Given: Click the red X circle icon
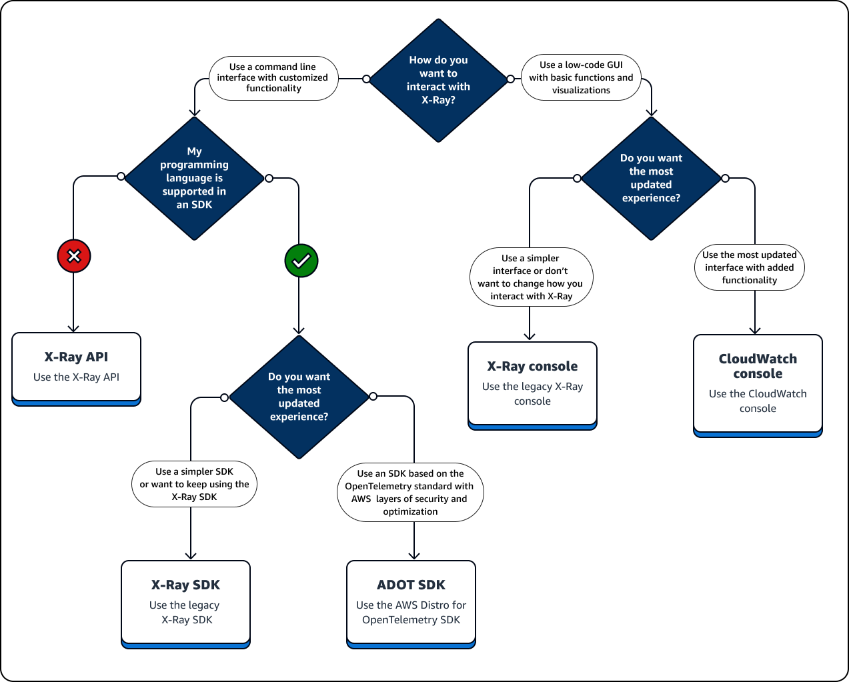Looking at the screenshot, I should pos(74,256).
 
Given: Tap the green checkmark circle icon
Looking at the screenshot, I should pos(301,261).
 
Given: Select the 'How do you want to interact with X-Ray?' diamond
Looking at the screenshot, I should pos(438,80).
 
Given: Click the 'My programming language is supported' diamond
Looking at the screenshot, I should pos(194,178).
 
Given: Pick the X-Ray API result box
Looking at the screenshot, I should pos(76,367).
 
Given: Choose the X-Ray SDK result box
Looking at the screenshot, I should pos(185,603).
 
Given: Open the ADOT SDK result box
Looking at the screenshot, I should pos(411,603).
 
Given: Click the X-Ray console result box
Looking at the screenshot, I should pos(532,384).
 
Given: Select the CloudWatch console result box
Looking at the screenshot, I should pos(758,384).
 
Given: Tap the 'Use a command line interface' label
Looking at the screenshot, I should pos(273,78).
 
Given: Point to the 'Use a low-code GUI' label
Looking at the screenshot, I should pos(581,77).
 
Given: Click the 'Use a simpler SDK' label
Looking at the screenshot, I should pos(194,484).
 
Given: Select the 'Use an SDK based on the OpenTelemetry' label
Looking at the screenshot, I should pos(410,493).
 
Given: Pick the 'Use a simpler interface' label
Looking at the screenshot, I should pos(531,277).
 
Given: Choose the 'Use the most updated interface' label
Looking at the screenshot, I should pos(750,267).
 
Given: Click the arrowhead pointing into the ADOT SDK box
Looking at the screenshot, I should pos(414,555).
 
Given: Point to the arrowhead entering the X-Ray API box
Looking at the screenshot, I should pos(73,328).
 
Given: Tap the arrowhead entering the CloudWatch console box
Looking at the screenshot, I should pos(755,330).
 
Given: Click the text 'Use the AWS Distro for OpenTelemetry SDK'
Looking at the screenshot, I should pos(411,613).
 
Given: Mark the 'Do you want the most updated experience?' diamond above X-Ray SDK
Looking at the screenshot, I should pos(299,397).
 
